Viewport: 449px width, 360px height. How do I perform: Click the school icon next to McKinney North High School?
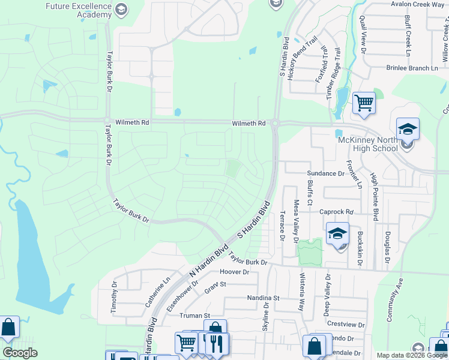(x=407, y=129)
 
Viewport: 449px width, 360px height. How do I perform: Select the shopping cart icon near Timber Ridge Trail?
(x=364, y=103)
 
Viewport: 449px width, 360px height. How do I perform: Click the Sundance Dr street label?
(x=326, y=173)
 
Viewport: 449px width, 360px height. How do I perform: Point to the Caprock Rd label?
(x=336, y=212)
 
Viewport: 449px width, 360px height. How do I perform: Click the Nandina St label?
(x=264, y=298)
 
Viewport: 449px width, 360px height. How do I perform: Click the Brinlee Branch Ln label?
(x=412, y=68)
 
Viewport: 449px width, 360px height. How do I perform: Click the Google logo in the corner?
(x=20, y=353)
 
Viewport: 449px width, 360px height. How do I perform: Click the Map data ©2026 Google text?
(x=412, y=355)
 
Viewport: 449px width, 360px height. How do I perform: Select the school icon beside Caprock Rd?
(x=337, y=233)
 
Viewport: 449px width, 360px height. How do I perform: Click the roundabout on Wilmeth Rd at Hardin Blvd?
(x=275, y=124)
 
